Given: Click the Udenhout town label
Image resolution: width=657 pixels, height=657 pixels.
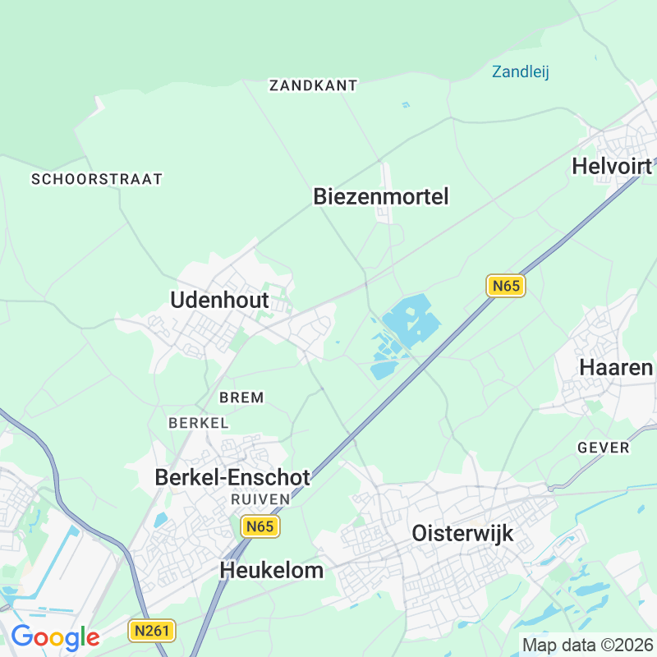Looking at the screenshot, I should pyautogui.click(x=221, y=301).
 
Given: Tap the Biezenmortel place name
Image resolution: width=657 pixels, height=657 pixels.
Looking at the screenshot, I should pyautogui.click(x=381, y=197).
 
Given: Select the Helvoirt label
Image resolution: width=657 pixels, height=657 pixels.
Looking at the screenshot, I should pyautogui.click(x=613, y=167).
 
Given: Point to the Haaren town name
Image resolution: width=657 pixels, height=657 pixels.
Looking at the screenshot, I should pyautogui.click(x=616, y=367).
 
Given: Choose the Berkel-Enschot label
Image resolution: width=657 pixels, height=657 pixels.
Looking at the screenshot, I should pyautogui.click(x=233, y=477).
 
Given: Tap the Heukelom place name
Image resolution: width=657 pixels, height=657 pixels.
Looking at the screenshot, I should pyautogui.click(x=272, y=571).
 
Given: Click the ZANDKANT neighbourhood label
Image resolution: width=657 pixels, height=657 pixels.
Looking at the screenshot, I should pyautogui.click(x=314, y=85).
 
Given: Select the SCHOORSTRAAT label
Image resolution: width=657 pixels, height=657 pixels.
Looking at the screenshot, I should pyautogui.click(x=97, y=178).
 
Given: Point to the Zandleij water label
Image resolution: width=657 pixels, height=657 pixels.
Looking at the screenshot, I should pyautogui.click(x=521, y=71).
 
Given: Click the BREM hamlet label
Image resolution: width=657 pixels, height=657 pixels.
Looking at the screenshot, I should pyautogui.click(x=241, y=397).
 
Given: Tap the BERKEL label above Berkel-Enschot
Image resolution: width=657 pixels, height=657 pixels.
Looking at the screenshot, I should pyautogui.click(x=198, y=423).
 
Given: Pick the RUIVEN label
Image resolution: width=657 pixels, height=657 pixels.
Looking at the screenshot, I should pyautogui.click(x=260, y=498).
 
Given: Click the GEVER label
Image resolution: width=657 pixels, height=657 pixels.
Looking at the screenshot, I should pyautogui.click(x=604, y=448).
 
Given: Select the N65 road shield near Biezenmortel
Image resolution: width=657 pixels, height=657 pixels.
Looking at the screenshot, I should pyautogui.click(x=505, y=286).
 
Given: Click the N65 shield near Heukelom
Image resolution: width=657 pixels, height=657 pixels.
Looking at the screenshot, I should pyautogui.click(x=260, y=526).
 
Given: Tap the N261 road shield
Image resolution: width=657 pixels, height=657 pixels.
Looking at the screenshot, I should pyautogui.click(x=149, y=631).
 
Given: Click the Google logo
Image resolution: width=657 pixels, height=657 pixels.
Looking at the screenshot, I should pyautogui.click(x=55, y=637).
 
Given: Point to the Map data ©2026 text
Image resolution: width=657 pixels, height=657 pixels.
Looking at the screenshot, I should pyautogui.click(x=586, y=646).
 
